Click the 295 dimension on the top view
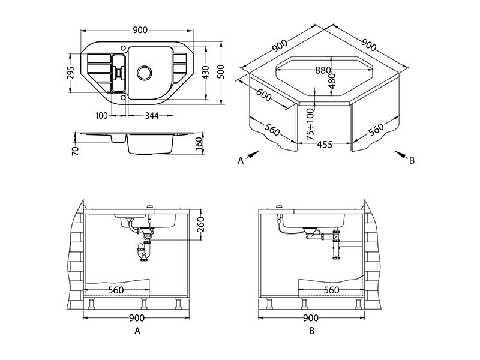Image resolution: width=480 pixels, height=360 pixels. (x=70, y=73)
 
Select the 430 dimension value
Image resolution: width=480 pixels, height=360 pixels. (x=206, y=72)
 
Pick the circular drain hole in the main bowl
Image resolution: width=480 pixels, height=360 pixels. (x=145, y=73)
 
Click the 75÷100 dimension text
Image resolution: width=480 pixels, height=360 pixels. (x=310, y=124)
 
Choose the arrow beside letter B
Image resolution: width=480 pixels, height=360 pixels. (x=401, y=155)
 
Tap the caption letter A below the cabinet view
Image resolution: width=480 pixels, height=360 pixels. (x=137, y=331)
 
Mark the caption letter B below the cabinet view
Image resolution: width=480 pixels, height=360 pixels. (x=311, y=331)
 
